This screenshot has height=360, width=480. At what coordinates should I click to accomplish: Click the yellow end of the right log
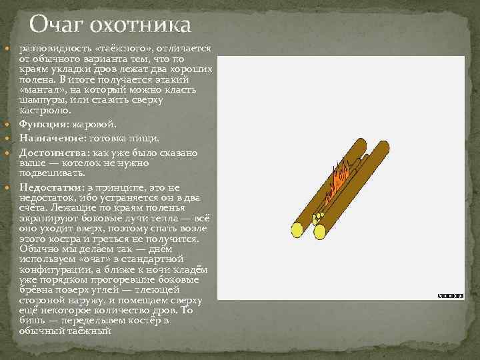coord(319,231)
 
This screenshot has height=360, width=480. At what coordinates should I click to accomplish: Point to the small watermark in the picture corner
coord(450,295)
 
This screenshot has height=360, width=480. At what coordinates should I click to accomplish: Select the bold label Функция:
coord(41,124)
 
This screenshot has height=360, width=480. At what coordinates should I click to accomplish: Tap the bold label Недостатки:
coord(49,187)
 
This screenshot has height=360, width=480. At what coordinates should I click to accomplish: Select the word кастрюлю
coord(42,109)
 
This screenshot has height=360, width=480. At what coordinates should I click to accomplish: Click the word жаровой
coord(98,124)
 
